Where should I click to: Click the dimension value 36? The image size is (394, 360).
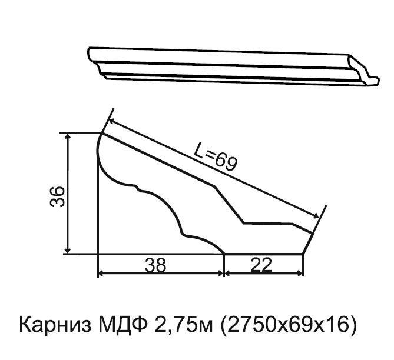[x=58, y=196]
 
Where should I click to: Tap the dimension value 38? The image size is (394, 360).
[x=155, y=265]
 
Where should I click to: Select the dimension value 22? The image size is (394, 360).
[x=261, y=265]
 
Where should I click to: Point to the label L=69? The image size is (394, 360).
[x=216, y=156]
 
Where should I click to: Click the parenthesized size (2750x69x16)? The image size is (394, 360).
[x=289, y=325]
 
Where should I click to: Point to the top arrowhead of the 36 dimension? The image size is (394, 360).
[x=67, y=136]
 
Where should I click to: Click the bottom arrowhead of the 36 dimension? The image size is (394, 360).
[x=67, y=250]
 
